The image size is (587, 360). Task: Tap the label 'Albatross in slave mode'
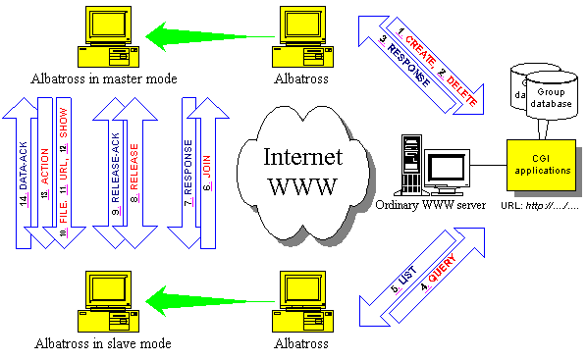click(x=106, y=343)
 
